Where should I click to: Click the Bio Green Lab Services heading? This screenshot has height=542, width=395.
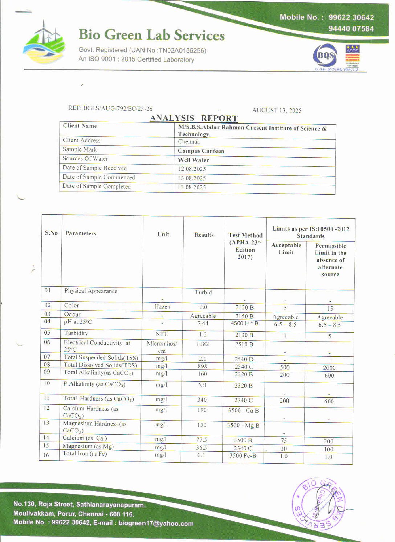[x=151, y=35]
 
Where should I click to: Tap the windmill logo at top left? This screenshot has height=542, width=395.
[x=44, y=42]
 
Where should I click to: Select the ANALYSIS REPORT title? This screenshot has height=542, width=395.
[x=194, y=118]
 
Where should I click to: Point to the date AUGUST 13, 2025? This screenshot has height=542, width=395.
[x=277, y=110]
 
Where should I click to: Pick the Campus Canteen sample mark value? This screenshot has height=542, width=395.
[x=201, y=151]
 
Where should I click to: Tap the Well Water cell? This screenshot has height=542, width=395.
[x=193, y=160]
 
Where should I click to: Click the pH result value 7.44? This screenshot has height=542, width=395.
[x=203, y=323]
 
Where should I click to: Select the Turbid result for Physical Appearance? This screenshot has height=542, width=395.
[x=203, y=292]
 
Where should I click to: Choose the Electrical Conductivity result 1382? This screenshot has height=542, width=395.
[x=203, y=344]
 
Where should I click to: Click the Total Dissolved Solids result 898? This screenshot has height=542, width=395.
[x=202, y=367]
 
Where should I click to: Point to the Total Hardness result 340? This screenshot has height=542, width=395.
[x=202, y=400]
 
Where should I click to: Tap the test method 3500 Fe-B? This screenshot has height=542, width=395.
[x=243, y=456]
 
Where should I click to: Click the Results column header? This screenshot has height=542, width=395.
[x=204, y=235]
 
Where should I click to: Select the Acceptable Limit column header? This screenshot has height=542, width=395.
[x=286, y=249]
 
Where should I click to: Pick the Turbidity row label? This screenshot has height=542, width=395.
[x=76, y=333]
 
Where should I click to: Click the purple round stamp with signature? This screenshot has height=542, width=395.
[x=318, y=504]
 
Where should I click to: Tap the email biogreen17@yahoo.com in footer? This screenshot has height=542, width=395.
[x=156, y=524]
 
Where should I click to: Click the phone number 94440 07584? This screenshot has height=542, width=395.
[x=351, y=29]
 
